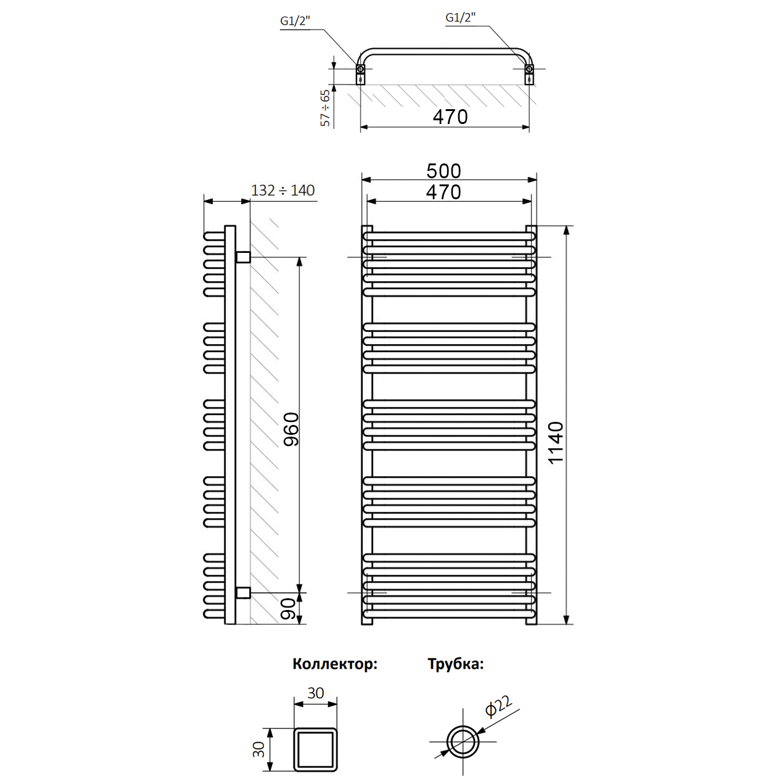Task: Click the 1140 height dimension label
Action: click(557, 442)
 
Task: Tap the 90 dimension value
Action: click(289, 609)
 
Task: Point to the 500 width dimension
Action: click(443, 171)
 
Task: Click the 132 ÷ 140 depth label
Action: click(282, 190)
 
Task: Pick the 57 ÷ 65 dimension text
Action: click(325, 108)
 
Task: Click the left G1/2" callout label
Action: click(295, 21)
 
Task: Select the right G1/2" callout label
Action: click(461, 18)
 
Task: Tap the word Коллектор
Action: click(335, 664)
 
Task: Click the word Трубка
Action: click(456, 664)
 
